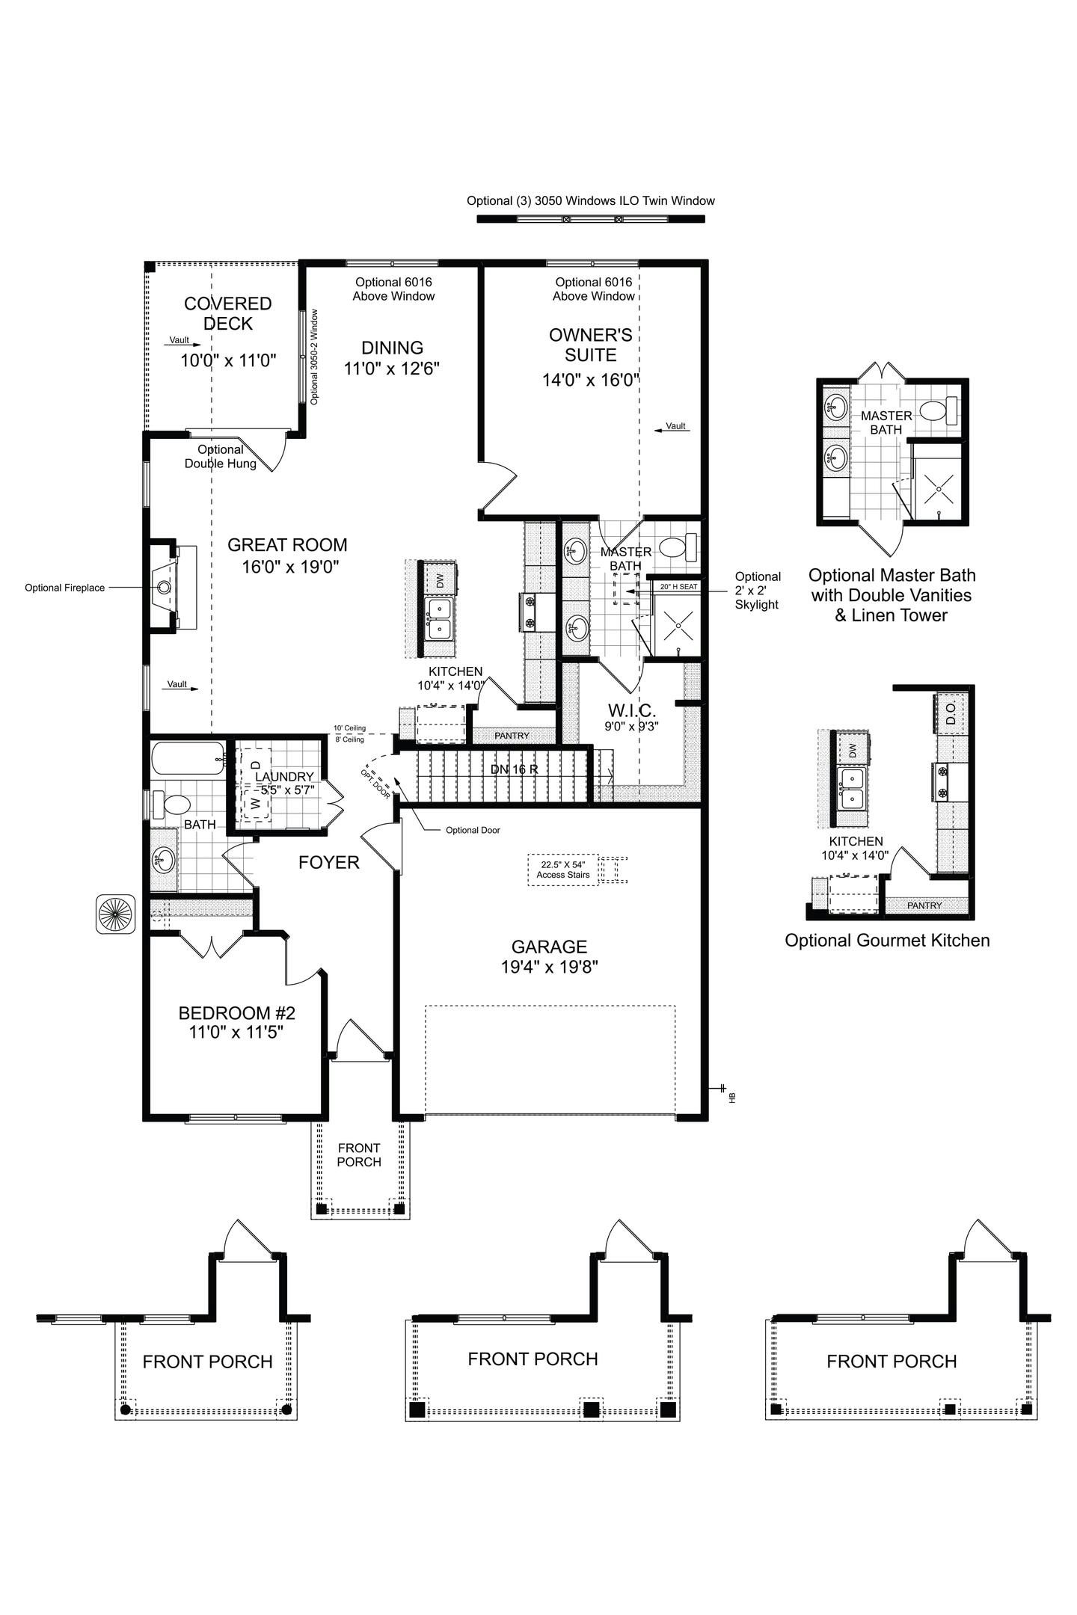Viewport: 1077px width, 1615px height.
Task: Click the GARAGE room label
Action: pos(549,947)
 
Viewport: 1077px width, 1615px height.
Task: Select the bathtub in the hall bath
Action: pos(187,758)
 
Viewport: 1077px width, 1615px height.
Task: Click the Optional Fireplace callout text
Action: pos(64,588)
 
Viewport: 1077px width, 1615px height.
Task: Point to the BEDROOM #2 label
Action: pos(236,1013)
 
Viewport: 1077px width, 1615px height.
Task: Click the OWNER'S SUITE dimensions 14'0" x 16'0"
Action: pos(590,380)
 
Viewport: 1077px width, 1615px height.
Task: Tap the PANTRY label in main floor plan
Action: pos(512,736)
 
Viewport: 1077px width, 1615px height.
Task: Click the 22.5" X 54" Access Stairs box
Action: pos(562,870)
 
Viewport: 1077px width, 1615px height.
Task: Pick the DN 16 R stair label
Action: pos(515,769)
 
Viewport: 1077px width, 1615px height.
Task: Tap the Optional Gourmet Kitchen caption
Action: pos(886,941)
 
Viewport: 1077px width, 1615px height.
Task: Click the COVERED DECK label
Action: pos(228,313)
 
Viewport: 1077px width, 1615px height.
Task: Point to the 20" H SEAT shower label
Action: pos(678,587)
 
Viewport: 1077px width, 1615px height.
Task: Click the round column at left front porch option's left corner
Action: pos(126,1409)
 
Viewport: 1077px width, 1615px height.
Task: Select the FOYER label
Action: pos(328,863)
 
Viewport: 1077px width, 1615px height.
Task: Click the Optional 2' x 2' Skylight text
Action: pos(757,591)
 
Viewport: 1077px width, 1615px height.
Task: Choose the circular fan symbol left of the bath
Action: pos(115,914)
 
